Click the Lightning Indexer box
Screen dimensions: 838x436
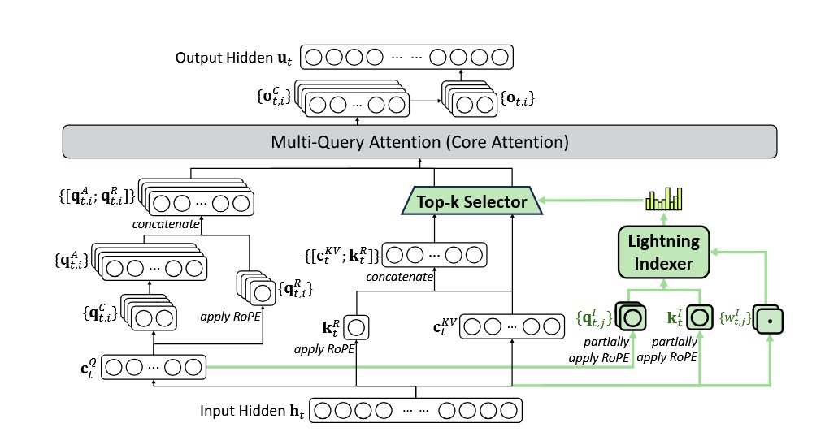663,252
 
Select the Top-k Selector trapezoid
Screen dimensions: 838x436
472,201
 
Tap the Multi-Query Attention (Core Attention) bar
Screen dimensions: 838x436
419,141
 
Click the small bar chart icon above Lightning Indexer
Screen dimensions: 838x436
664,199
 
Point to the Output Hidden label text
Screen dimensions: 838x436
233,58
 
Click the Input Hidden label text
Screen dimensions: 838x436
252,411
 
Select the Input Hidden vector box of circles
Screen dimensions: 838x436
415,410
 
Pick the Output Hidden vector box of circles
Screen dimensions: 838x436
406,57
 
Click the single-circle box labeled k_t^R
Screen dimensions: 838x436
356,327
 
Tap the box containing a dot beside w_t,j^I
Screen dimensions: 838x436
769,321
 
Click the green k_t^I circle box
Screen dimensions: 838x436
700,317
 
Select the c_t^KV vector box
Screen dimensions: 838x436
512,326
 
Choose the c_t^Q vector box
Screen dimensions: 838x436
154,367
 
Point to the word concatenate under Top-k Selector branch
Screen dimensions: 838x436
399,277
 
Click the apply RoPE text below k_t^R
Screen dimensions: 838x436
323,350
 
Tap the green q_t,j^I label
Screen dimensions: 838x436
594,318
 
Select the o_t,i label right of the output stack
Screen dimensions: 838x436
517,98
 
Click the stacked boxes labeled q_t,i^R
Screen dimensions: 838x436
257,289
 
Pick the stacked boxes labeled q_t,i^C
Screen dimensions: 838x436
149,313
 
